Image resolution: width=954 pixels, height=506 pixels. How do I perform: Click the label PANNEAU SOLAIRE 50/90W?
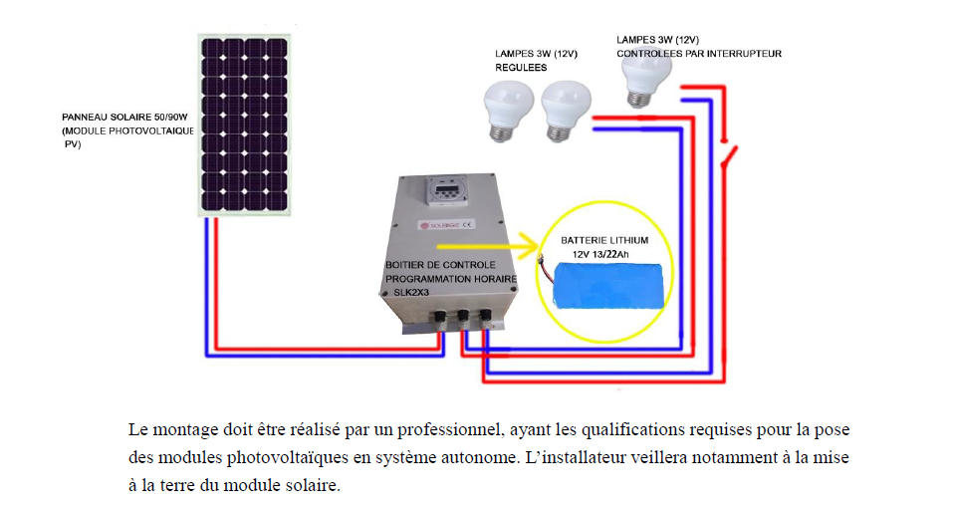pyautogui.click(x=126, y=118)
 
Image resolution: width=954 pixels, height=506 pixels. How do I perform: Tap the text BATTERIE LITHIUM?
pyautogui.click(x=604, y=241)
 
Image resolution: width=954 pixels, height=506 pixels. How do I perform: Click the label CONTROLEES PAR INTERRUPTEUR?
pyautogui.click(x=699, y=53)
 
